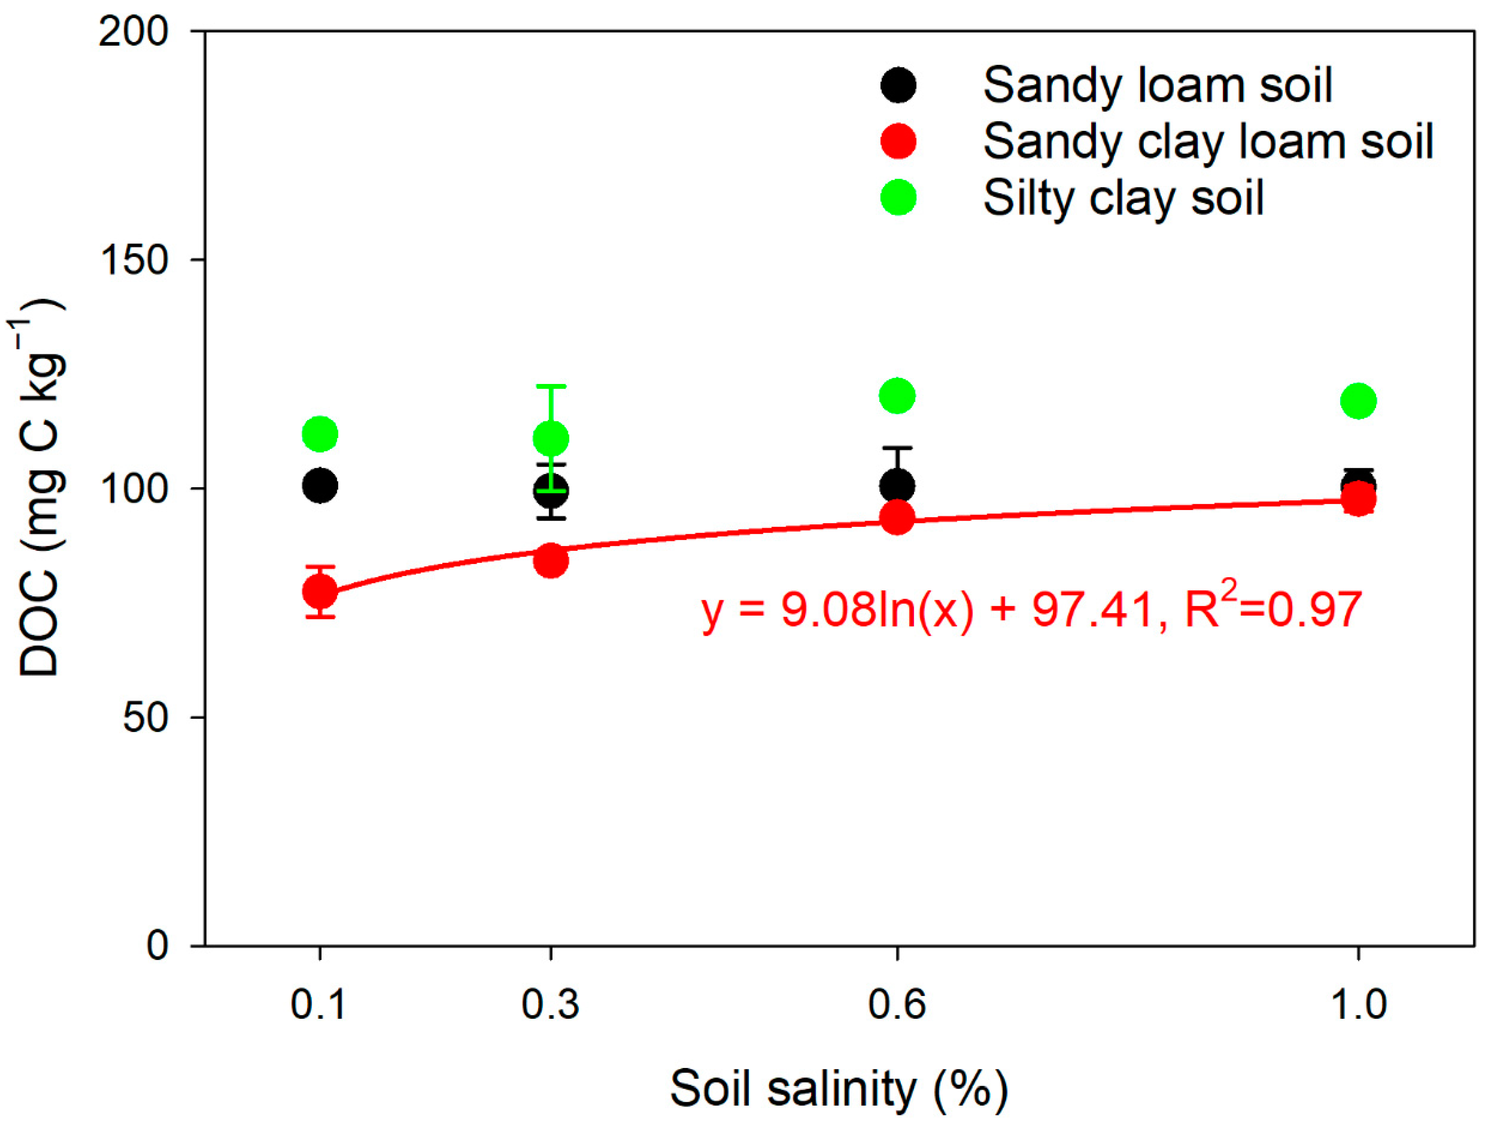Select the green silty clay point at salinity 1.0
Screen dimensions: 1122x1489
(1359, 401)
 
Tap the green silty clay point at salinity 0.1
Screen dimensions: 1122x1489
(320, 434)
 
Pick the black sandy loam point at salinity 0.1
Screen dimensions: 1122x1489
(320, 485)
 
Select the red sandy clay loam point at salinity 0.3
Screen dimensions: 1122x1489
(551, 561)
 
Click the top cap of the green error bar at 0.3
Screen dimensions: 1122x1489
(551, 386)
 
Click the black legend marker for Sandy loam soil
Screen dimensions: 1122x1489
(898, 86)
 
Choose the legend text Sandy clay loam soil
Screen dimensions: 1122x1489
(1207, 142)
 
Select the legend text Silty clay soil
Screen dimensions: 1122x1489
(1123, 199)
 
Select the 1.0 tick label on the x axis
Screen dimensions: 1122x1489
(1359, 1005)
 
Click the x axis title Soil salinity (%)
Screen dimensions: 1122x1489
(839, 1088)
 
